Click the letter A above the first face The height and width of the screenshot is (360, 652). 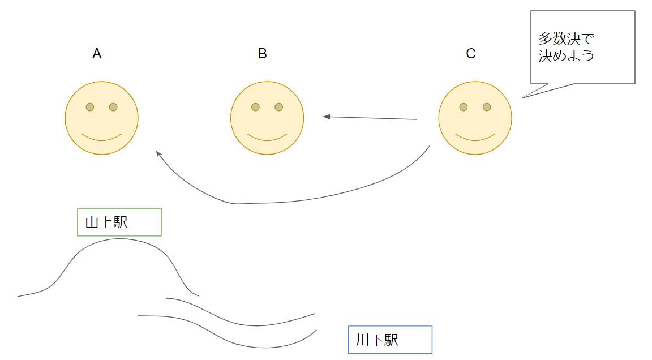pos(97,54)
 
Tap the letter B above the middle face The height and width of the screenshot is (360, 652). pos(262,54)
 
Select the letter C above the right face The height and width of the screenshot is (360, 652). pos(470,54)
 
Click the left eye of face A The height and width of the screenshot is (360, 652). pos(89,107)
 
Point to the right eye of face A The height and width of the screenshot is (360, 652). pos(113,107)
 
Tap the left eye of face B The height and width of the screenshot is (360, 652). pos(255,107)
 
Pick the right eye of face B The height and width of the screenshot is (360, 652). pos(278,107)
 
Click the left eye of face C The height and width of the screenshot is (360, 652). pos(463,107)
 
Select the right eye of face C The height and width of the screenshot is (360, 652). pos(487,107)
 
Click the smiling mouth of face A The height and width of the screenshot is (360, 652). pos(102,138)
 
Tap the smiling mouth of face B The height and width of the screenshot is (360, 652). pos(267,138)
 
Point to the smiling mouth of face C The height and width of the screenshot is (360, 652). pos(475,138)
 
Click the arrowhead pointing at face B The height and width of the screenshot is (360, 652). pos(327,117)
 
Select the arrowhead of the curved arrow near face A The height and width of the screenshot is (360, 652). pos(158,153)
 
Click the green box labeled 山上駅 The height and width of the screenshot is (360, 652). pos(119,222)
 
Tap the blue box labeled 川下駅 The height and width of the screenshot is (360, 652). pos(390,340)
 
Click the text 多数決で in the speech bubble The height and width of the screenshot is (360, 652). pos(567,39)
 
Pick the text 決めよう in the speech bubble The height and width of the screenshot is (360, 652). pos(567,56)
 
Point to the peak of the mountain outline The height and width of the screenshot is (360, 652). pos(119,239)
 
